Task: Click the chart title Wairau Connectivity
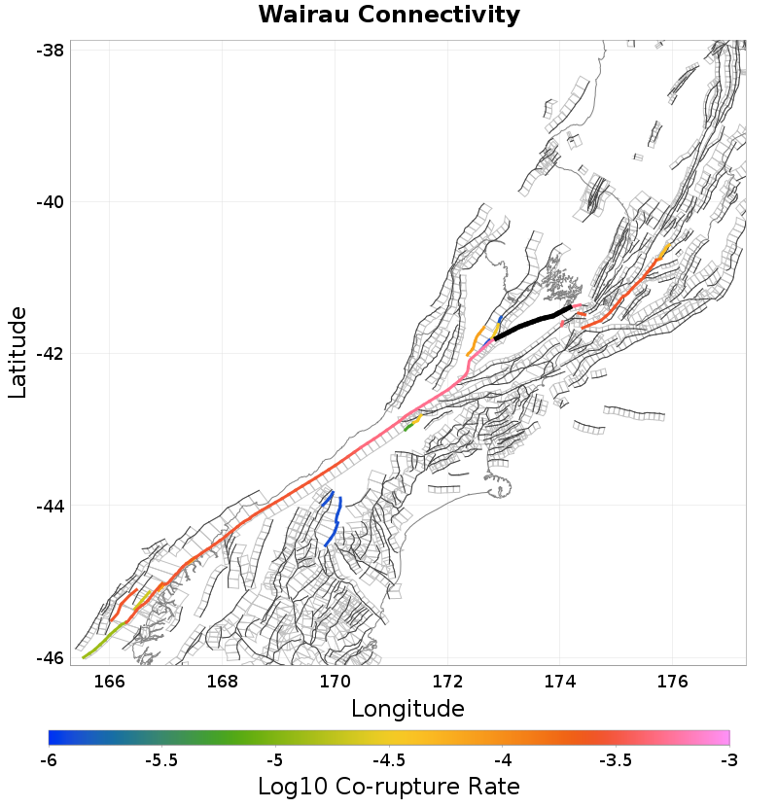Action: (x=389, y=16)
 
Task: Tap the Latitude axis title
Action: (x=18, y=352)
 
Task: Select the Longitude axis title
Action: (x=407, y=707)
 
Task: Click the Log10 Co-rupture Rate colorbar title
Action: (x=389, y=786)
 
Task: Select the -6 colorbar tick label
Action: (x=49, y=758)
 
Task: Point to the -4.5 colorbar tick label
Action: (x=389, y=758)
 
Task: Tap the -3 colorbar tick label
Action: (x=728, y=758)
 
